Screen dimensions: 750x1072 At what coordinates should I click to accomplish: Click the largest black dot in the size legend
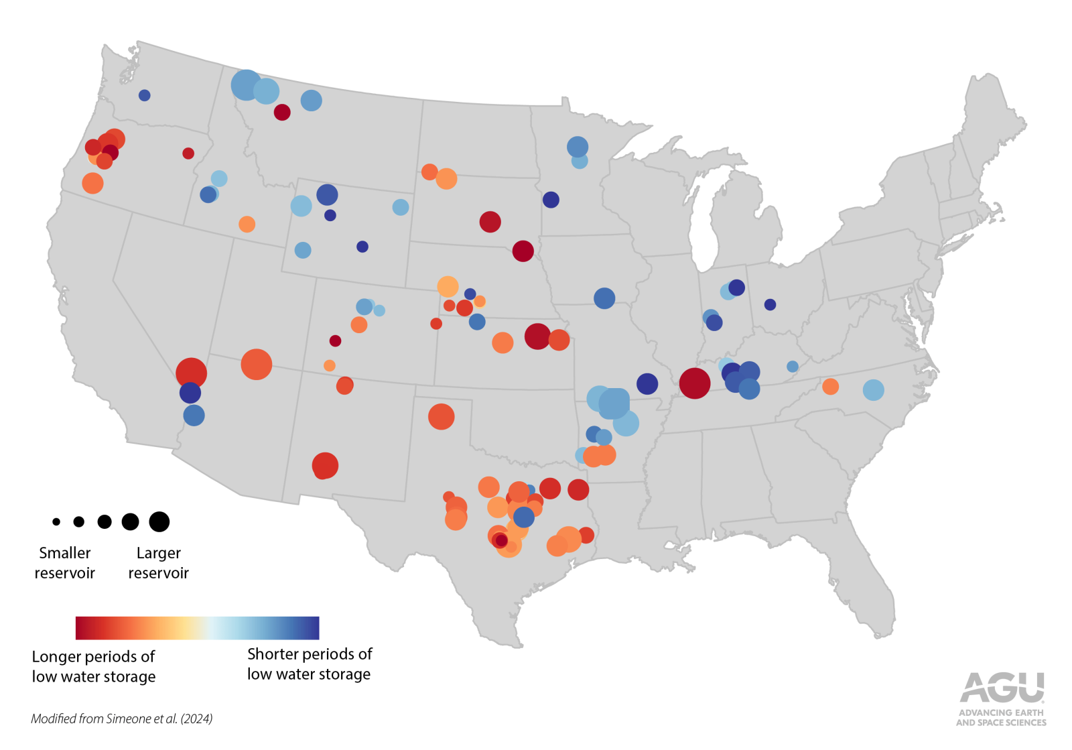tap(159, 521)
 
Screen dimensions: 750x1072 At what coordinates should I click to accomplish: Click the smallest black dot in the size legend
tap(56, 521)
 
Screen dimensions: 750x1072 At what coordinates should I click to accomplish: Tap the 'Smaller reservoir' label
tap(64, 563)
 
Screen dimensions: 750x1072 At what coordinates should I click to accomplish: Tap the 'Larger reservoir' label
tap(158, 563)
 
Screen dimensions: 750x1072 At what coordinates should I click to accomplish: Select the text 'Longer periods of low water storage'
tap(94, 666)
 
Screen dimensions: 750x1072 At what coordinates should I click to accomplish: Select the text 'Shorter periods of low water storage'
tap(309, 664)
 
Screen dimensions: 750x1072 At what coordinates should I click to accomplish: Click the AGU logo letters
tap(1002, 688)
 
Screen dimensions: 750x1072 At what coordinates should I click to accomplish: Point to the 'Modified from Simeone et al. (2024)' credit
tap(121, 718)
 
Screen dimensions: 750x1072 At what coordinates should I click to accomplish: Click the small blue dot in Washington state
tap(144, 95)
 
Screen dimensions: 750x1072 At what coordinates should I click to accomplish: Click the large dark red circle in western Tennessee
tap(694, 383)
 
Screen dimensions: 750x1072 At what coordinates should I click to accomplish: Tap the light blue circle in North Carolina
tap(873, 389)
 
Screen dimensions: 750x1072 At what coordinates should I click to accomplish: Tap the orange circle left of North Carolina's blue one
tap(830, 386)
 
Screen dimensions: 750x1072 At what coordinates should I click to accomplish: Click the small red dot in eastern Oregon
tap(188, 153)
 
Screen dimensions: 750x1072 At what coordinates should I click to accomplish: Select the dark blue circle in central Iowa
tap(604, 298)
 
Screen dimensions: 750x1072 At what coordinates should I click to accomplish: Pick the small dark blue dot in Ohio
tap(770, 304)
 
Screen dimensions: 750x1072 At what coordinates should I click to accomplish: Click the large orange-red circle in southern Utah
tap(256, 365)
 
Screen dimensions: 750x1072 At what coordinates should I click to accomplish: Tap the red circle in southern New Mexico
tap(325, 465)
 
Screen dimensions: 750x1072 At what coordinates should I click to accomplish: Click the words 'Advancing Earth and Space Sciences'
tap(1001, 718)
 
